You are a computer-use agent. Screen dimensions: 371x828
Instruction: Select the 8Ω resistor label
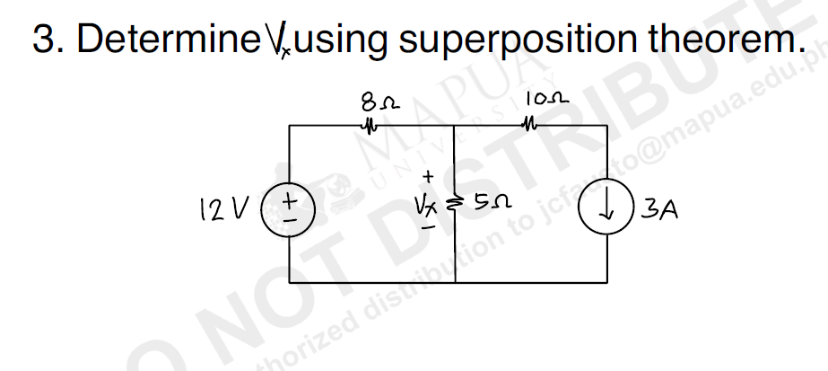370,101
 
